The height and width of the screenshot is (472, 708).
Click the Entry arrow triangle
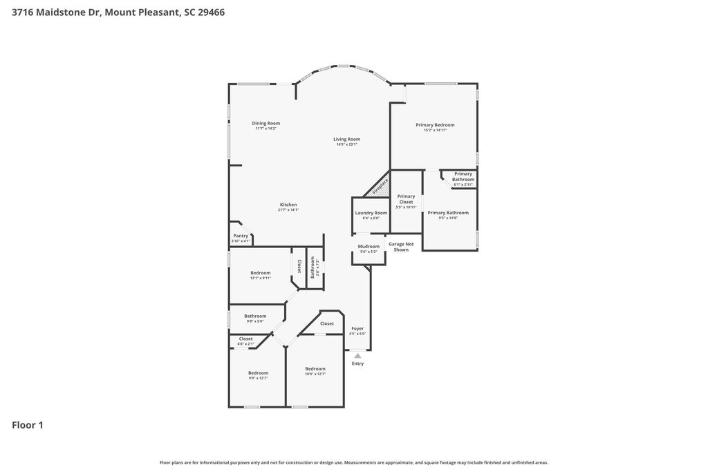357,356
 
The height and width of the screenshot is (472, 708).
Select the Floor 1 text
28,425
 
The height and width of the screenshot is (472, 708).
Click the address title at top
118,12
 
